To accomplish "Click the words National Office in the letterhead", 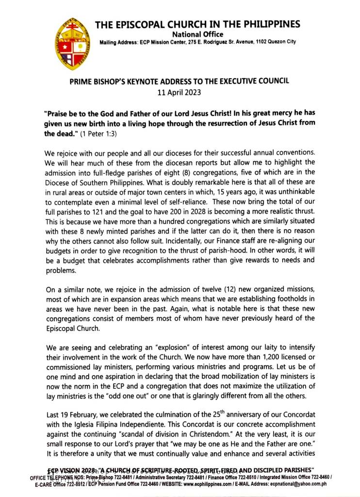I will coord(198,34).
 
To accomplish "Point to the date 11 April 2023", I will coord(179,91).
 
